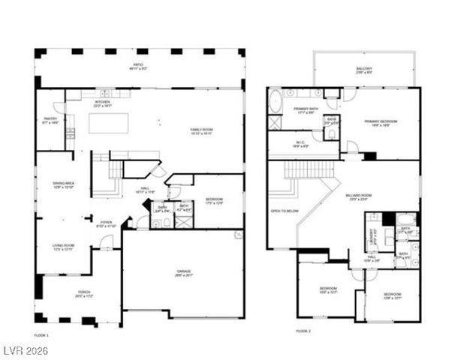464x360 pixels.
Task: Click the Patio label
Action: click(x=138, y=66)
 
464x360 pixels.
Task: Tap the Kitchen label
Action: click(x=102, y=103)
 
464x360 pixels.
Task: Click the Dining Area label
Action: click(x=63, y=184)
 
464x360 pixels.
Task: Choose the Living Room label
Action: click(x=63, y=247)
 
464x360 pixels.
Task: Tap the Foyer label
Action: click(x=107, y=223)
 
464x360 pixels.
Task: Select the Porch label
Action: click(x=83, y=293)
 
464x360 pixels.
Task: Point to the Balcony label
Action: click(x=364, y=70)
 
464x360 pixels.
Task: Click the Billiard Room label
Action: click(x=378, y=197)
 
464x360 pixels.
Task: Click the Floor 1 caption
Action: click(x=42, y=334)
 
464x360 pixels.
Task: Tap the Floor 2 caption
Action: click(x=303, y=331)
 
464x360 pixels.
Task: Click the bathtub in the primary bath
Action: click(x=274, y=99)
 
